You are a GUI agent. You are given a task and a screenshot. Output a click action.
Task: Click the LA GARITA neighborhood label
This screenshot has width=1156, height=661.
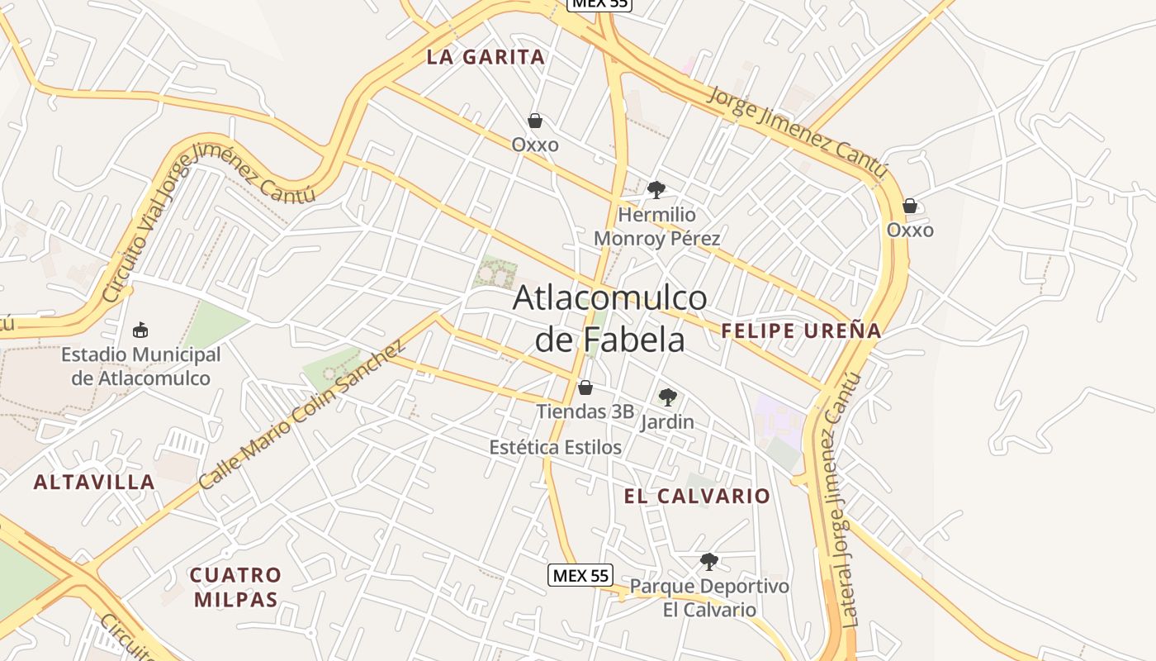click(x=486, y=57)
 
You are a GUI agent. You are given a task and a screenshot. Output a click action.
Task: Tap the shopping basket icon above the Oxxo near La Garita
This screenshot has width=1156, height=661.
click(x=535, y=121)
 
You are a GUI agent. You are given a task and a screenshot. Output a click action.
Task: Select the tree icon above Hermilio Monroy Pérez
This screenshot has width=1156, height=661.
click(x=656, y=190)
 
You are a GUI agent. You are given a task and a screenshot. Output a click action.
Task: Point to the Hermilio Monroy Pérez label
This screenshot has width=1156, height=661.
click(x=657, y=226)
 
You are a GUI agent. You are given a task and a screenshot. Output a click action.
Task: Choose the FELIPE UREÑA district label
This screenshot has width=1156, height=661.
click(x=801, y=331)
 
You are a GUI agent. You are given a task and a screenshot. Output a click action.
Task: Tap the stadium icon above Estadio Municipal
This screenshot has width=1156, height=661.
click(x=140, y=330)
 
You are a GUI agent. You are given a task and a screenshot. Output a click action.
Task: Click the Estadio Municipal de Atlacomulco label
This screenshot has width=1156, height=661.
click(x=141, y=367)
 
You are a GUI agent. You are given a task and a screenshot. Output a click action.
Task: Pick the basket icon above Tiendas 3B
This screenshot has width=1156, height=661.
click(x=585, y=388)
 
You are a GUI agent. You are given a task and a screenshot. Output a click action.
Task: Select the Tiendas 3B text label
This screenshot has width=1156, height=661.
click(x=585, y=411)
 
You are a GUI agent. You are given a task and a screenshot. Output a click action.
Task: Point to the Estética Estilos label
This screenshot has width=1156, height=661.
click(x=555, y=447)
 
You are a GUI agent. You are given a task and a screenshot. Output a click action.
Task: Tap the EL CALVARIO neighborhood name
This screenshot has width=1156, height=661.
click(x=697, y=496)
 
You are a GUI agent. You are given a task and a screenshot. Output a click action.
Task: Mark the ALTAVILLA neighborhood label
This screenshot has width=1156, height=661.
click(x=94, y=482)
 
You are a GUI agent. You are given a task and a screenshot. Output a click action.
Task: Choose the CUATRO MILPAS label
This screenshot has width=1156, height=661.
click(x=236, y=587)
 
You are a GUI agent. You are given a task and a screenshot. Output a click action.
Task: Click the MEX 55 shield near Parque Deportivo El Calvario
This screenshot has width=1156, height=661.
click(x=580, y=575)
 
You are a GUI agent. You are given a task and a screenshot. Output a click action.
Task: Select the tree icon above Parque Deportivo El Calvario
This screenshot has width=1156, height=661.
click(x=708, y=562)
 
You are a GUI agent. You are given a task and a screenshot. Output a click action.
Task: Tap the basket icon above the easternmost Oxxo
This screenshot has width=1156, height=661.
click(x=910, y=205)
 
